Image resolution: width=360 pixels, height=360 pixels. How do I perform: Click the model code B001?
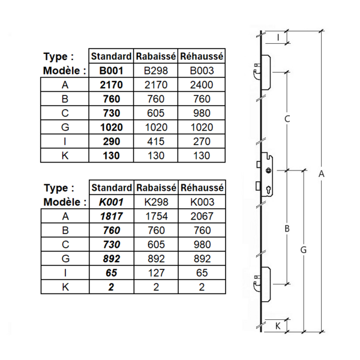tap(110, 71)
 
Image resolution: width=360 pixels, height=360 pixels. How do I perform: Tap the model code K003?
tap(202, 202)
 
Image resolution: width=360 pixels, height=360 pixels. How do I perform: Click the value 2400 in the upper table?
tap(202, 85)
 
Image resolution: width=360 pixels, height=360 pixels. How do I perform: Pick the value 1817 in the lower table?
tap(110, 217)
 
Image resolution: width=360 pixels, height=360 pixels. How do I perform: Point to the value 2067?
tap(202, 217)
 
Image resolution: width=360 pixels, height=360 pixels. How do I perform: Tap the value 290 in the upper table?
tap(110, 142)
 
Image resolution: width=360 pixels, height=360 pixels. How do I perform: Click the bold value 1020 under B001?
tap(110, 127)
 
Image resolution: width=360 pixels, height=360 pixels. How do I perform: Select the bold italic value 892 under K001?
tap(110, 259)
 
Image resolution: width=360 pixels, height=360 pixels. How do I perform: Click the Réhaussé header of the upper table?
tap(202, 56)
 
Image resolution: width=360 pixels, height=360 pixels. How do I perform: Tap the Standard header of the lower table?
tap(110, 188)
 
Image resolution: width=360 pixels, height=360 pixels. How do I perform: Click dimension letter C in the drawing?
tap(287, 119)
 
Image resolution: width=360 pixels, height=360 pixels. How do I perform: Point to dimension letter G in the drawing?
tap(304, 249)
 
